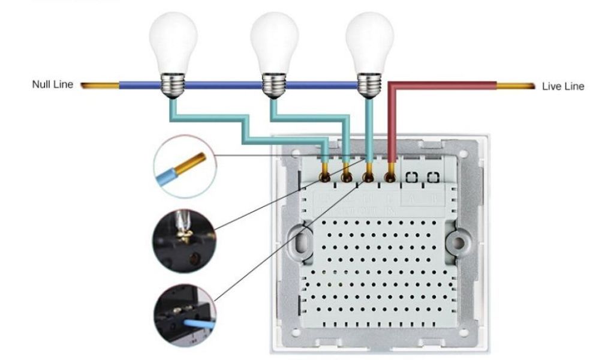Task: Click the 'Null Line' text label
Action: tap(52, 85)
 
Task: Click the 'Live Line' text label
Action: tap(562, 86)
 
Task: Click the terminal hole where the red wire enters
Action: tap(390, 178)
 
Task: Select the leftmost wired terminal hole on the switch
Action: tap(324, 178)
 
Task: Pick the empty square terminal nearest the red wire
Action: tap(413, 178)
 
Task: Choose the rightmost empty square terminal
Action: tap(432, 178)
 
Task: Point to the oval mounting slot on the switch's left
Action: tap(301, 243)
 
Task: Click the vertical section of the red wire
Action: tap(391, 126)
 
